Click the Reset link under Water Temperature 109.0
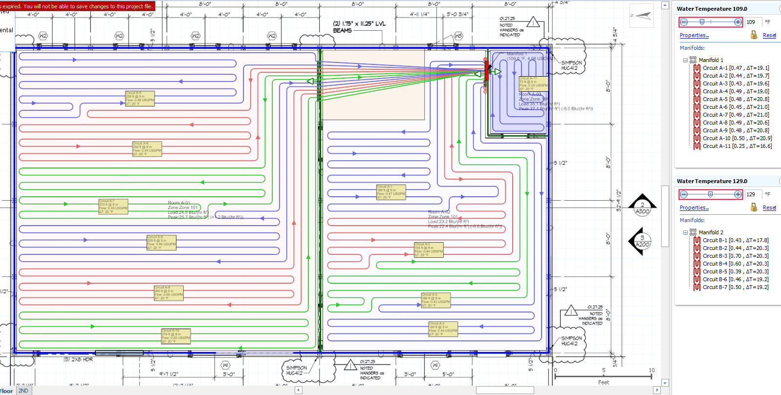pyautogui.click(x=769, y=36)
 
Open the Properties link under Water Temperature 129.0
pyautogui.click(x=694, y=208)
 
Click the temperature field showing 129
pyautogui.click(x=753, y=194)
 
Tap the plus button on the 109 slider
pyautogui.click(x=738, y=22)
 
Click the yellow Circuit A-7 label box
pyautogui.click(x=113, y=207)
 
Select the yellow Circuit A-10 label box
pyautogui.click(x=176, y=336)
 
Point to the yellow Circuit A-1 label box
pyautogui.click(x=390, y=192)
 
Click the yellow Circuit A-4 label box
pyautogui.click(x=443, y=329)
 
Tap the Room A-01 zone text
pyautogui.click(x=179, y=203)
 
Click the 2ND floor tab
pyautogui.click(x=23, y=391)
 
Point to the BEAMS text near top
pyautogui.click(x=342, y=30)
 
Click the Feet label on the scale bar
pyautogui.click(x=603, y=382)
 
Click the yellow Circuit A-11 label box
pyautogui.click(x=533, y=83)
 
